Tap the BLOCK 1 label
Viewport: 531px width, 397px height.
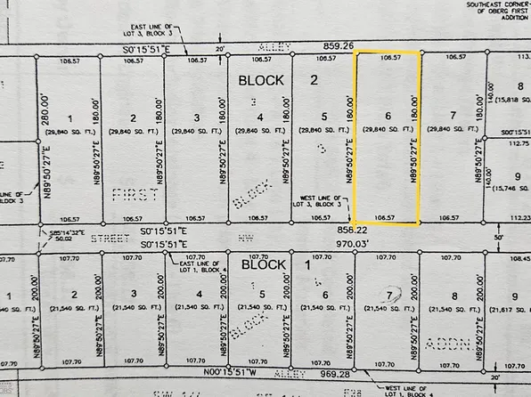click(263, 264)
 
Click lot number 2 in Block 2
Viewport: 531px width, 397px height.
click(133, 117)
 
